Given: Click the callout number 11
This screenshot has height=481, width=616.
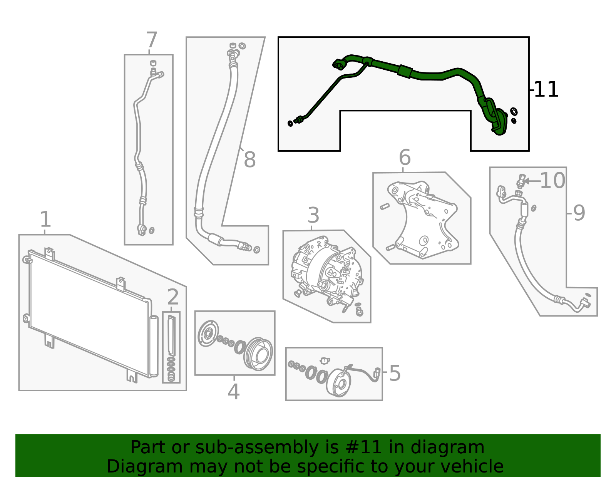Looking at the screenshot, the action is coord(546,90).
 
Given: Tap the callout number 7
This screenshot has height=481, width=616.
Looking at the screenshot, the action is coord(152,40).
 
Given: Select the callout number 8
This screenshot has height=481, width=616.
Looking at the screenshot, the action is coord(249,159).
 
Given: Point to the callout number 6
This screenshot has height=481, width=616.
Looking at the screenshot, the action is coord(405,157).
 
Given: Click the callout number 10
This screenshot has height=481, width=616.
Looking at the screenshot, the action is coord(552,181).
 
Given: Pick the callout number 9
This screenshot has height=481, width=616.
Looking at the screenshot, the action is coord(579,213).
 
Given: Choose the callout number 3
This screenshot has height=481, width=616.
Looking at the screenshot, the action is coord(313,215).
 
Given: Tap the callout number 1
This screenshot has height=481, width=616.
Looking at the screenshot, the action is coord(45,220).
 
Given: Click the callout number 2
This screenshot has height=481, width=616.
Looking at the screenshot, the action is coord(173,297).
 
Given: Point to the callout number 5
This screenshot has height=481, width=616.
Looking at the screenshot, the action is coord(395,373).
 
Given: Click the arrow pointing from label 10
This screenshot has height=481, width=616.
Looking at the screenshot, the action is coord(532,181).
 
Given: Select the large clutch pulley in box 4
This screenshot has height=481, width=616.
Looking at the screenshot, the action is coord(258,354).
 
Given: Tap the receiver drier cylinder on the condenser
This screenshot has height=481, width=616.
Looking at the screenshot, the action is coord(154,346).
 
